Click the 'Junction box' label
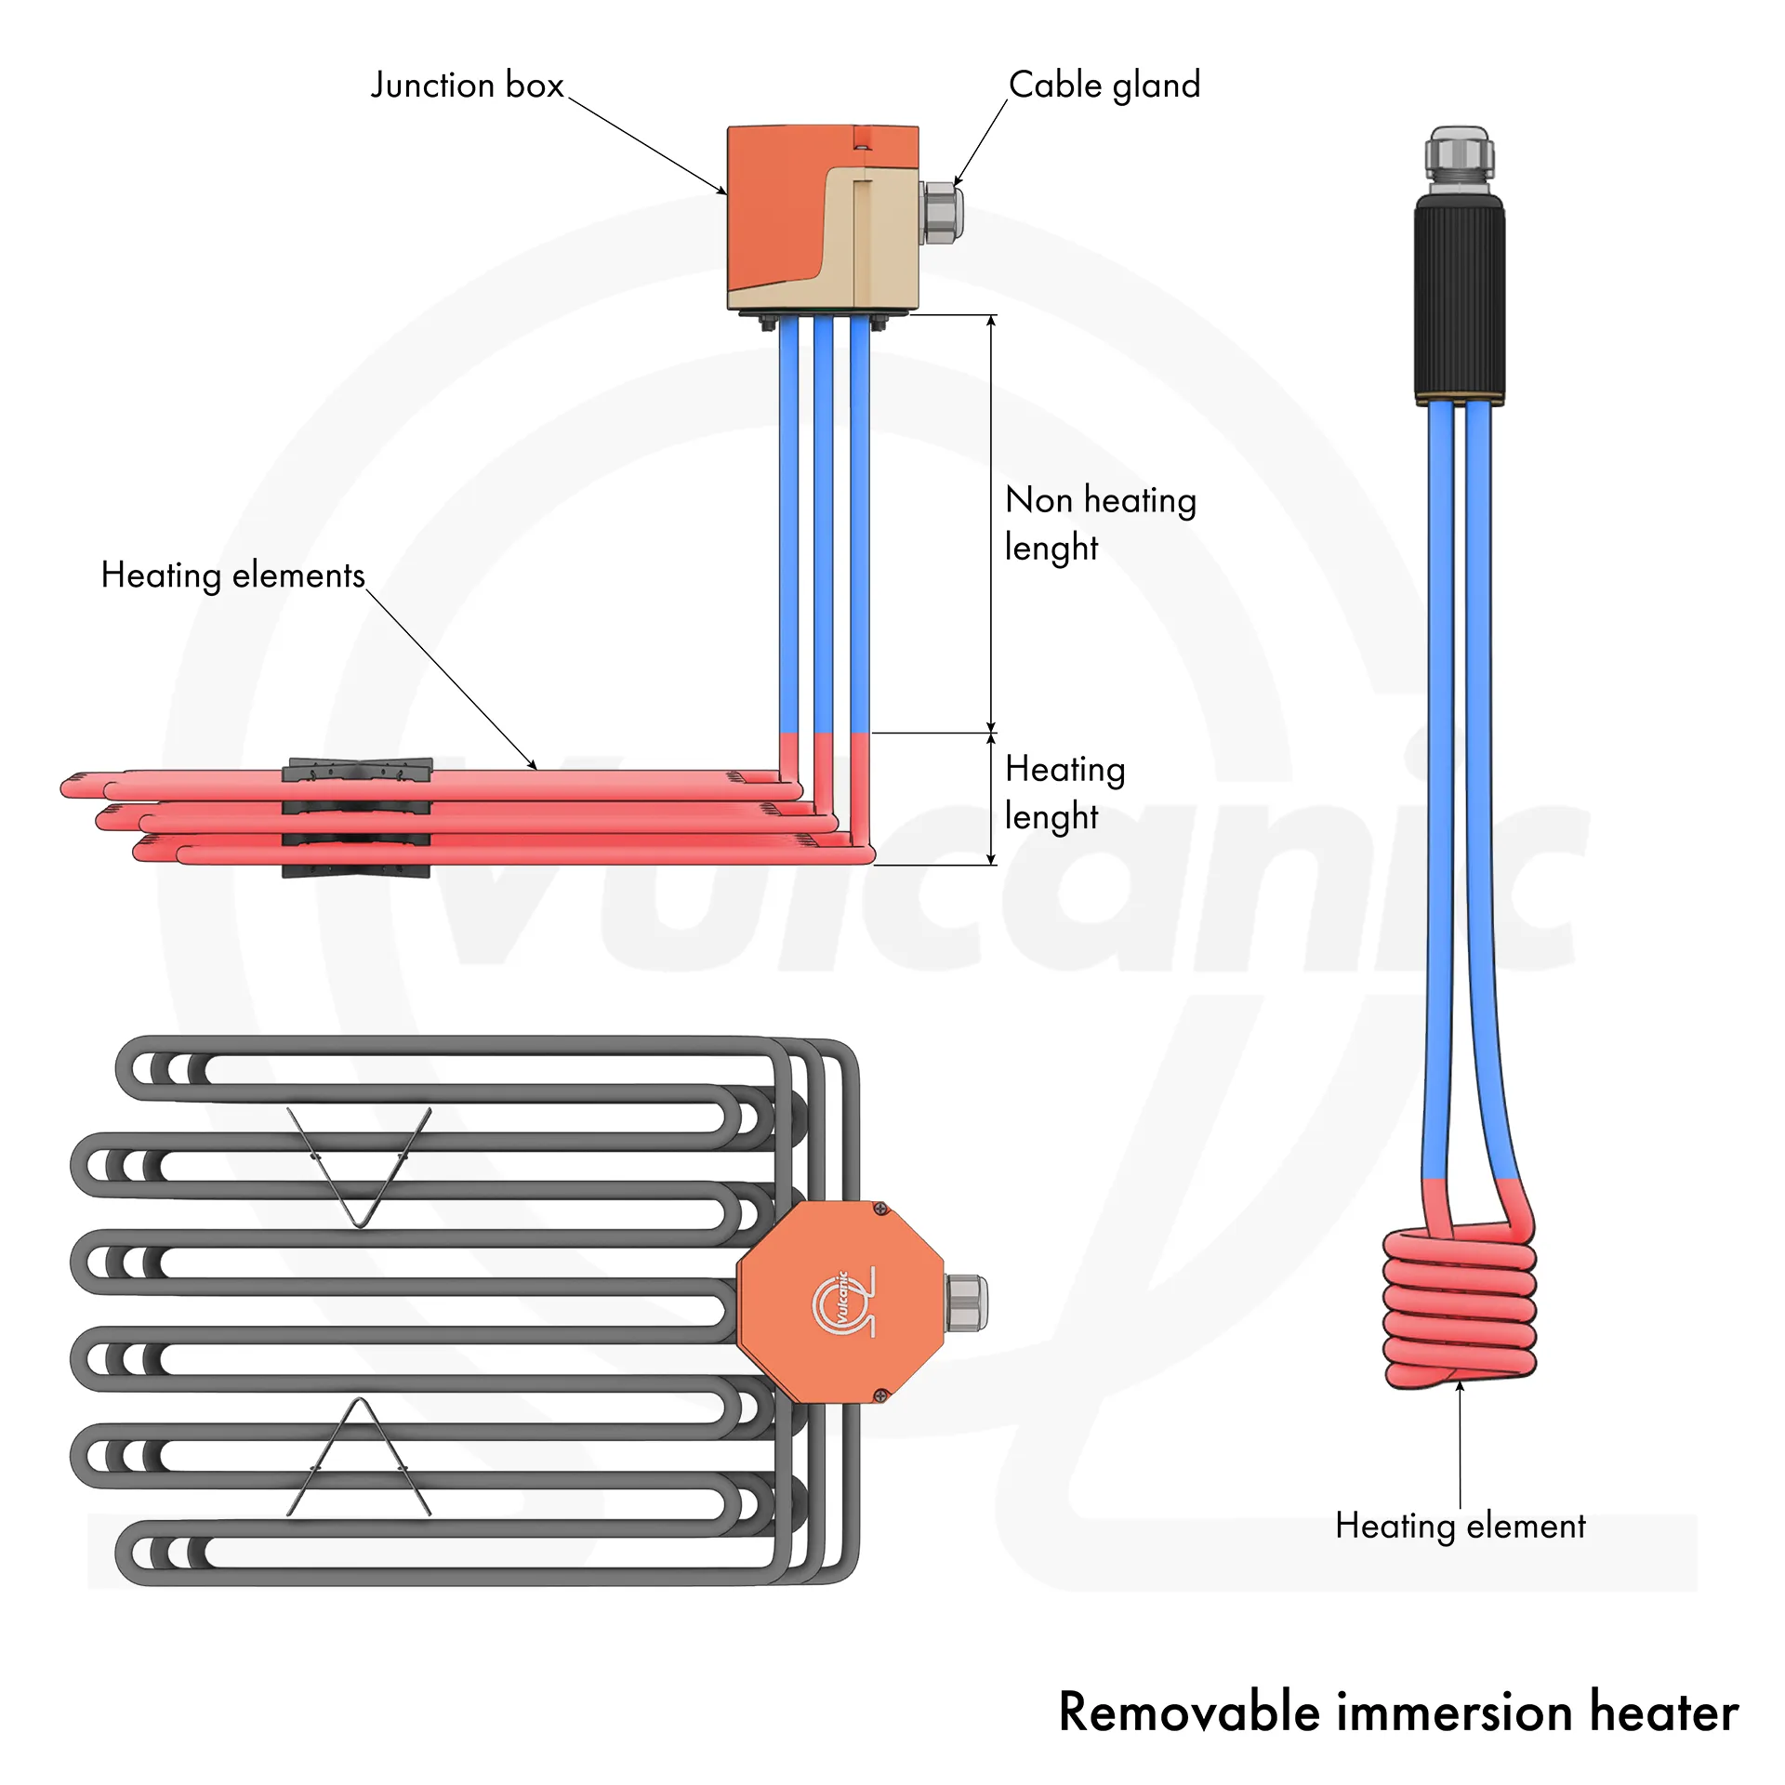(467, 86)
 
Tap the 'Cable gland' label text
(1104, 86)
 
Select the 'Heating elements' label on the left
(232, 575)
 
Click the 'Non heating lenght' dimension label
(1100, 523)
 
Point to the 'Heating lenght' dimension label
(1065, 792)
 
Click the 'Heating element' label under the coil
(1460, 1526)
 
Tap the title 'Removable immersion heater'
(1397, 1712)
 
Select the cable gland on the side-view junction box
(941, 214)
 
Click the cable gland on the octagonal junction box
(967, 1302)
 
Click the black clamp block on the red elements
(357, 818)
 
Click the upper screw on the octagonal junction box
(880, 1210)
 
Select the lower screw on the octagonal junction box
(880, 1395)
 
